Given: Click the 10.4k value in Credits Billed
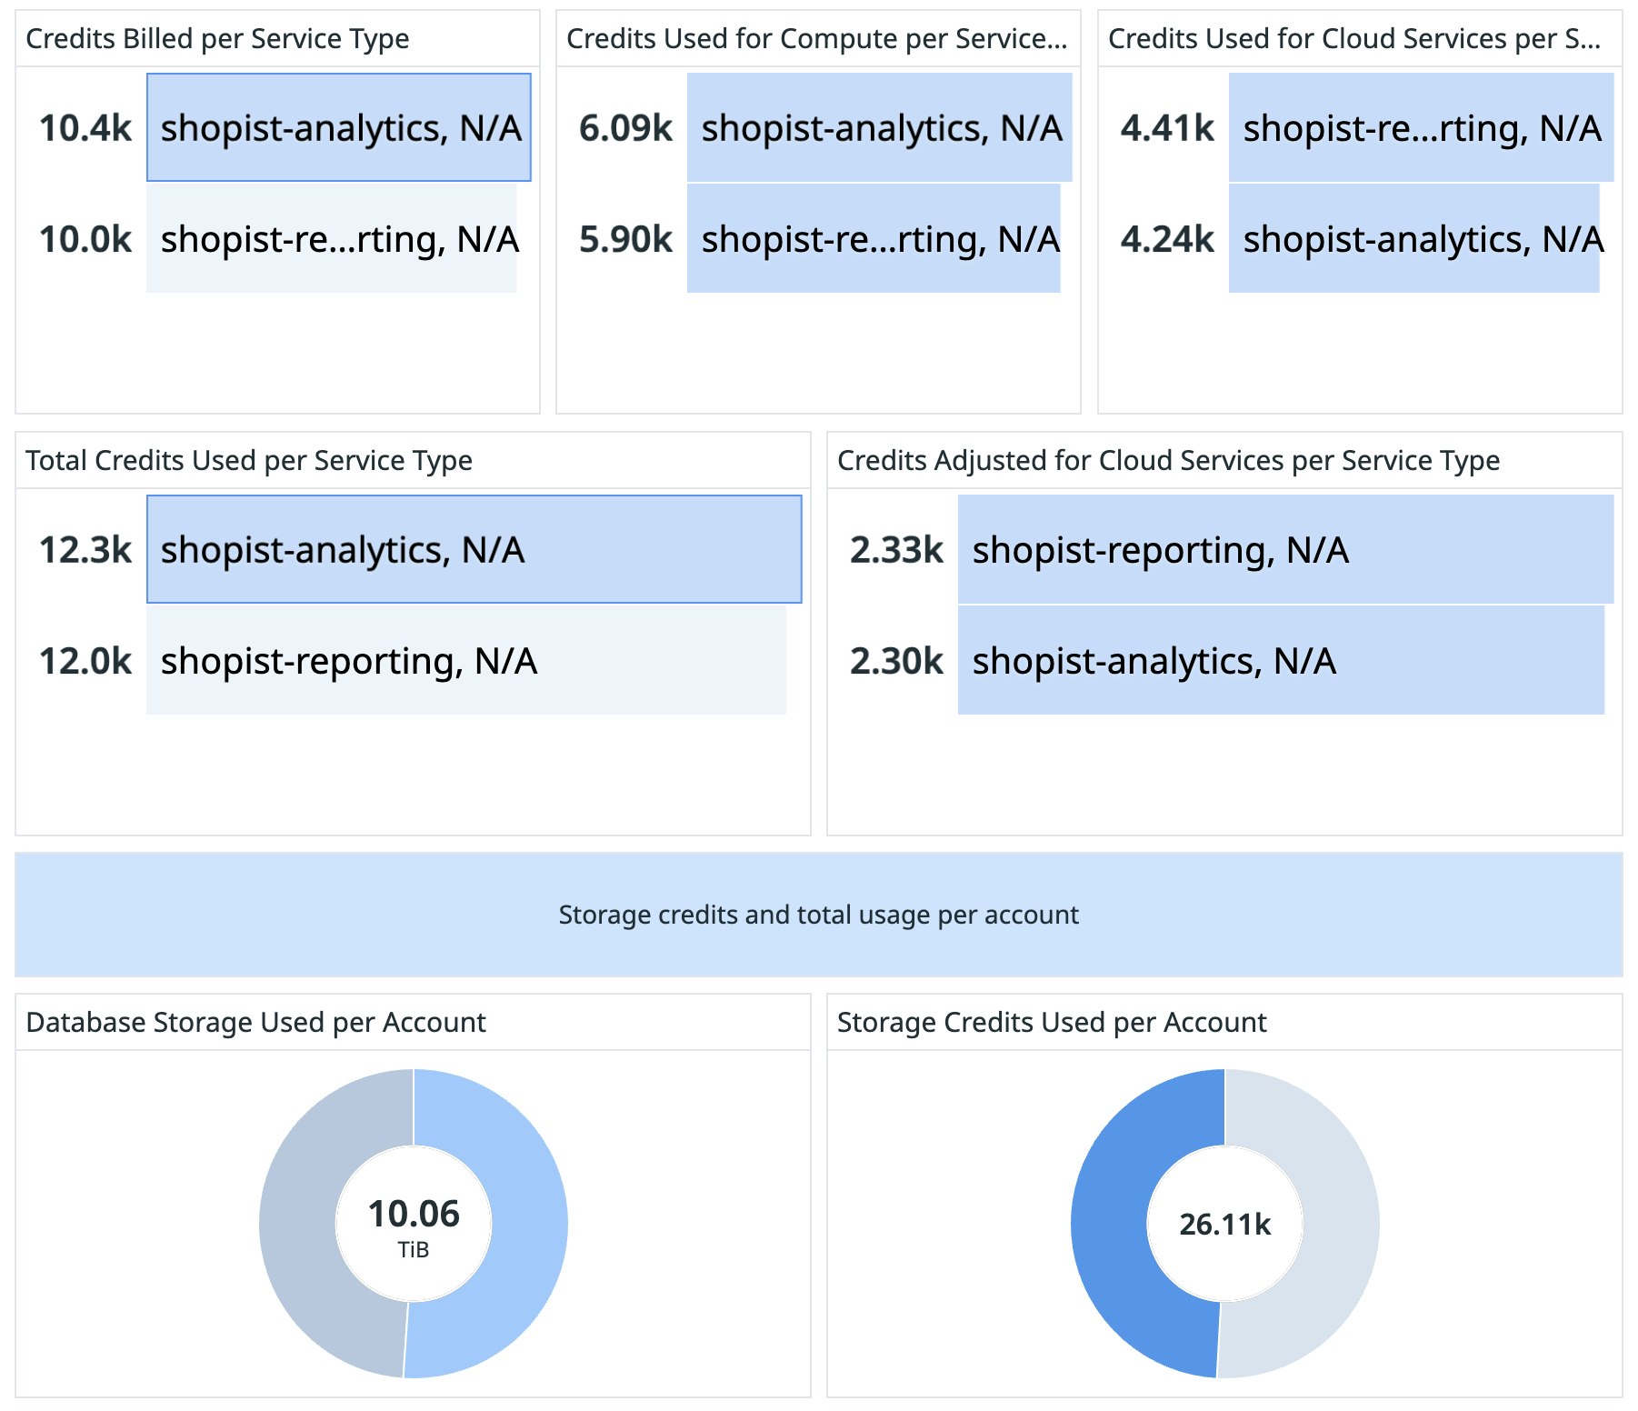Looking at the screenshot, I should click(85, 128).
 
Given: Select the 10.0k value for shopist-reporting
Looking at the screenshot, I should click(85, 239).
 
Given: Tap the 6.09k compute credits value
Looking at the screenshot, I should click(625, 128).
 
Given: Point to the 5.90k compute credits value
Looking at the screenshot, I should click(625, 239).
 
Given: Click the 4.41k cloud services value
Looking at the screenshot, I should click(1167, 128).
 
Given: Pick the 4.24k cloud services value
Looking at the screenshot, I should click(1167, 239).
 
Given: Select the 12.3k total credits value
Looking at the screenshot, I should click(85, 550).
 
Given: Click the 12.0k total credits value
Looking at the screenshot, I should click(85, 661).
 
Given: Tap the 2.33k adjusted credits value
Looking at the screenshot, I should click(896, 550).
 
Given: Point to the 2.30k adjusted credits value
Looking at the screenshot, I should click(896, 661).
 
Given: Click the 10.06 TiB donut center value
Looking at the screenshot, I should click(414, 1215).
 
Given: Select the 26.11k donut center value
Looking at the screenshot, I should click(1224, 1225).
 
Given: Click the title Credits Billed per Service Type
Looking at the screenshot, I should click(217, 39).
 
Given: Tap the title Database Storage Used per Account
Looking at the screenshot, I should click(255, 1023).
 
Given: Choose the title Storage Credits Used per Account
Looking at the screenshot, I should click(1051, 1023).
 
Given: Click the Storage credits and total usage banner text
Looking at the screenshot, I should click(818, 915).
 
